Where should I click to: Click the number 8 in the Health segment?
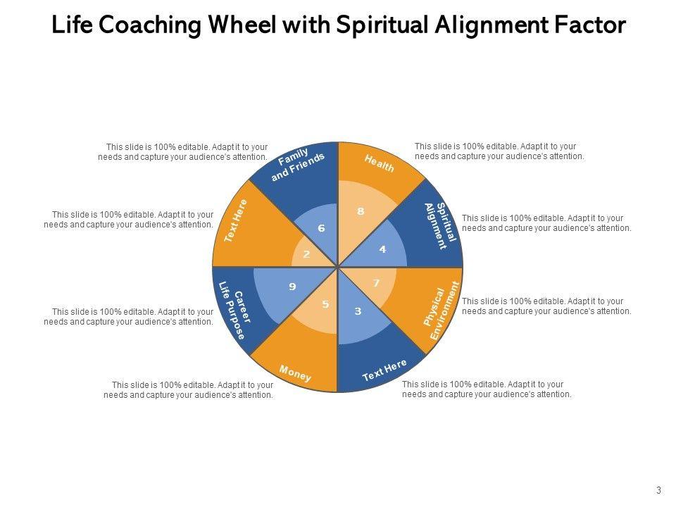point(361,211)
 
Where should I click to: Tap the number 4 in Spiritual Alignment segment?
point(382,249)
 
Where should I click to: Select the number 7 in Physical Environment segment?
point(377,283)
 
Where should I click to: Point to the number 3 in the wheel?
point(358,311)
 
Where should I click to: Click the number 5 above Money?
point(325,304)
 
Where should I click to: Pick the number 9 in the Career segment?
point(292,287)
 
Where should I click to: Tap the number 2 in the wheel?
point(306,254)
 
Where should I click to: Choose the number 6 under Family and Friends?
point(321,228)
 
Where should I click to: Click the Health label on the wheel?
point(380,163)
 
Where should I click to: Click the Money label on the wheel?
point(295,373)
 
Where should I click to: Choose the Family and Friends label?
point(298,164)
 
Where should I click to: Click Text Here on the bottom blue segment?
point(384,370)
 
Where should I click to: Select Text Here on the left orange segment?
point(236,220)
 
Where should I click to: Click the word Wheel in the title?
point(245,25)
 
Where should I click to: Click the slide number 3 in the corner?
point(659,491)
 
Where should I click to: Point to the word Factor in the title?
point(590,25)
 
